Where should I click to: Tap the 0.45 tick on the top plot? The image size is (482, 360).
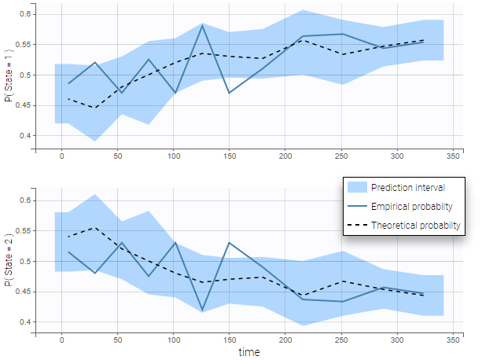pyautogui.click(x=24, y=105)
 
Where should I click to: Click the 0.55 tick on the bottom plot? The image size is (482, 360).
pyautogui.click(x=24, y=231)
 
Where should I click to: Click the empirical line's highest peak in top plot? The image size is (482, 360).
pyautogui.click(x=202, y=26)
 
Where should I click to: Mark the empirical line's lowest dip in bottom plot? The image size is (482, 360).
pyautogui.click(x=202, y=310)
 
